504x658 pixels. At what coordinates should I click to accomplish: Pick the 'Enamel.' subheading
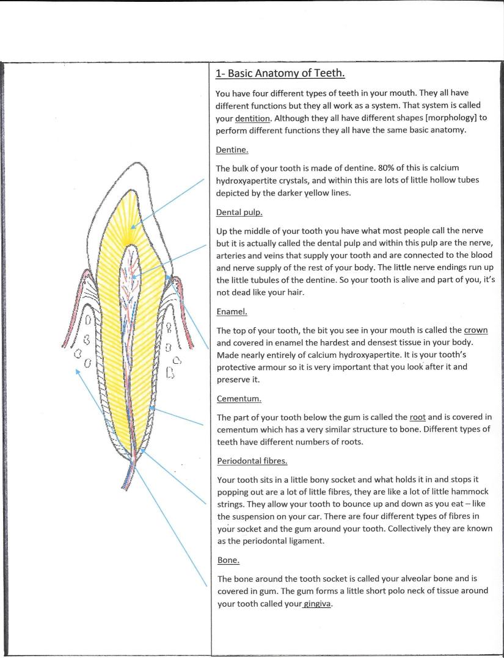pyautogui.click(x=232, y=311)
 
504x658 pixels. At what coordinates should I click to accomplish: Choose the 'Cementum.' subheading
pyautogui.click(x=239, y=399)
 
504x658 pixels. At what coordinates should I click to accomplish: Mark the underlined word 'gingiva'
pyautogui.click(x=316, y=604)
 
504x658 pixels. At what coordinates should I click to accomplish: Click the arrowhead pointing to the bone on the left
pyautogui.click(x=77, y=372)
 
